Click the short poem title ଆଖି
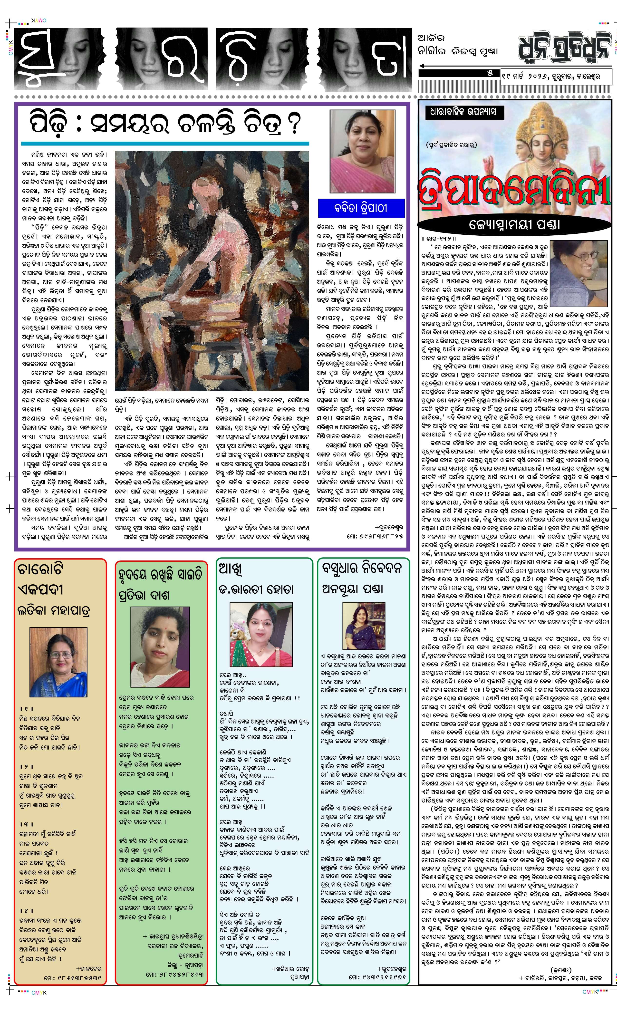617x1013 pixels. pyautogui.click(x=230, y=569)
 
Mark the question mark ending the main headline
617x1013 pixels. pyautogui.click(x=293, y=124)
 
